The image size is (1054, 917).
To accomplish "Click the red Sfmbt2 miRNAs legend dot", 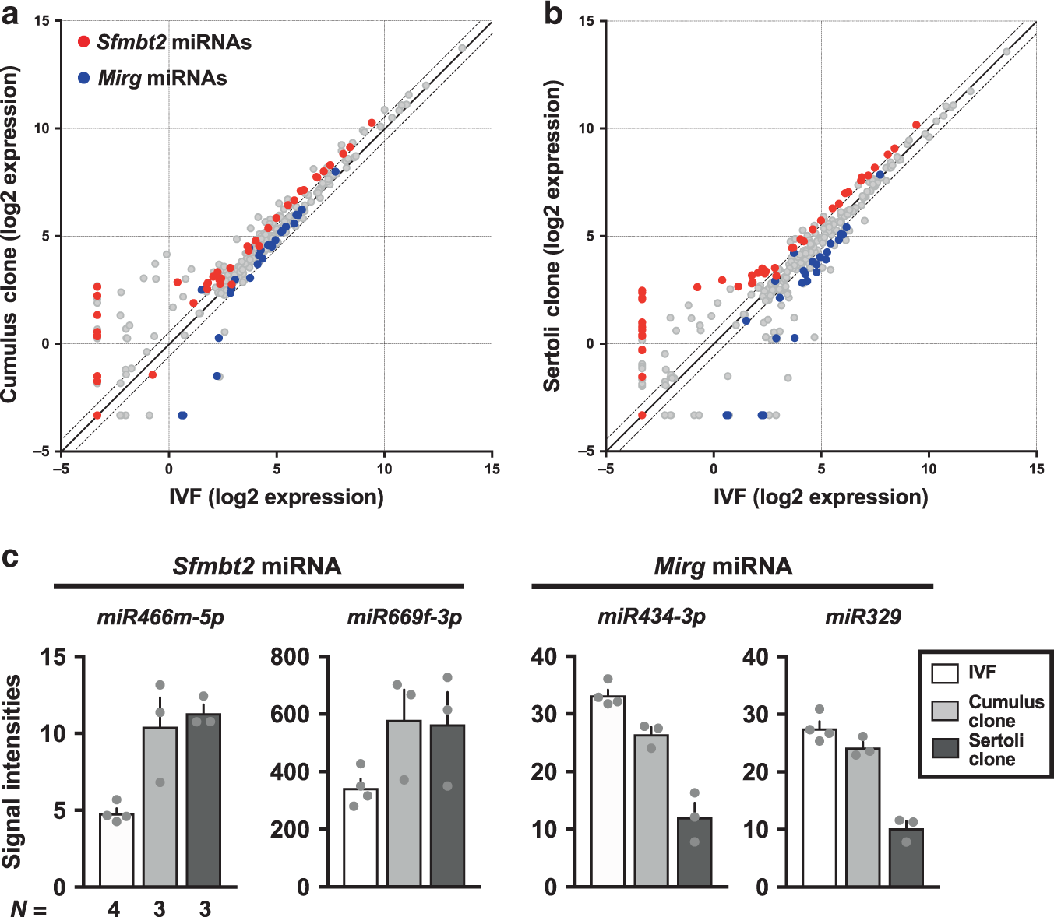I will point(84,42).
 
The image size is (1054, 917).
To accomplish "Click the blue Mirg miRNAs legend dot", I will point(84,78).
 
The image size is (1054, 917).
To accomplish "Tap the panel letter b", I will point(553,15).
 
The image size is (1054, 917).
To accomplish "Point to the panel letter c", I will point(10,557).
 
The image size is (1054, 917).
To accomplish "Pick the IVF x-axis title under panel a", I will point(276,497).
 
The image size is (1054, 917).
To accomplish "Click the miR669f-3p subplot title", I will point(404,617).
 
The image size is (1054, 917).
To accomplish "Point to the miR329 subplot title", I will point(863,617).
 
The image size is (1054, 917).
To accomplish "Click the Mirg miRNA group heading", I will point(723,566).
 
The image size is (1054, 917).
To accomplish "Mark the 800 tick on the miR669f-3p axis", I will point(289,657).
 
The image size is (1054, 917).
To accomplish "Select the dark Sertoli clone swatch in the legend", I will point(945,749).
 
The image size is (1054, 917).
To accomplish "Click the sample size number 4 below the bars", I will point(114,908).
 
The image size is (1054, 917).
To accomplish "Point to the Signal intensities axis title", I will point(12,771).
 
